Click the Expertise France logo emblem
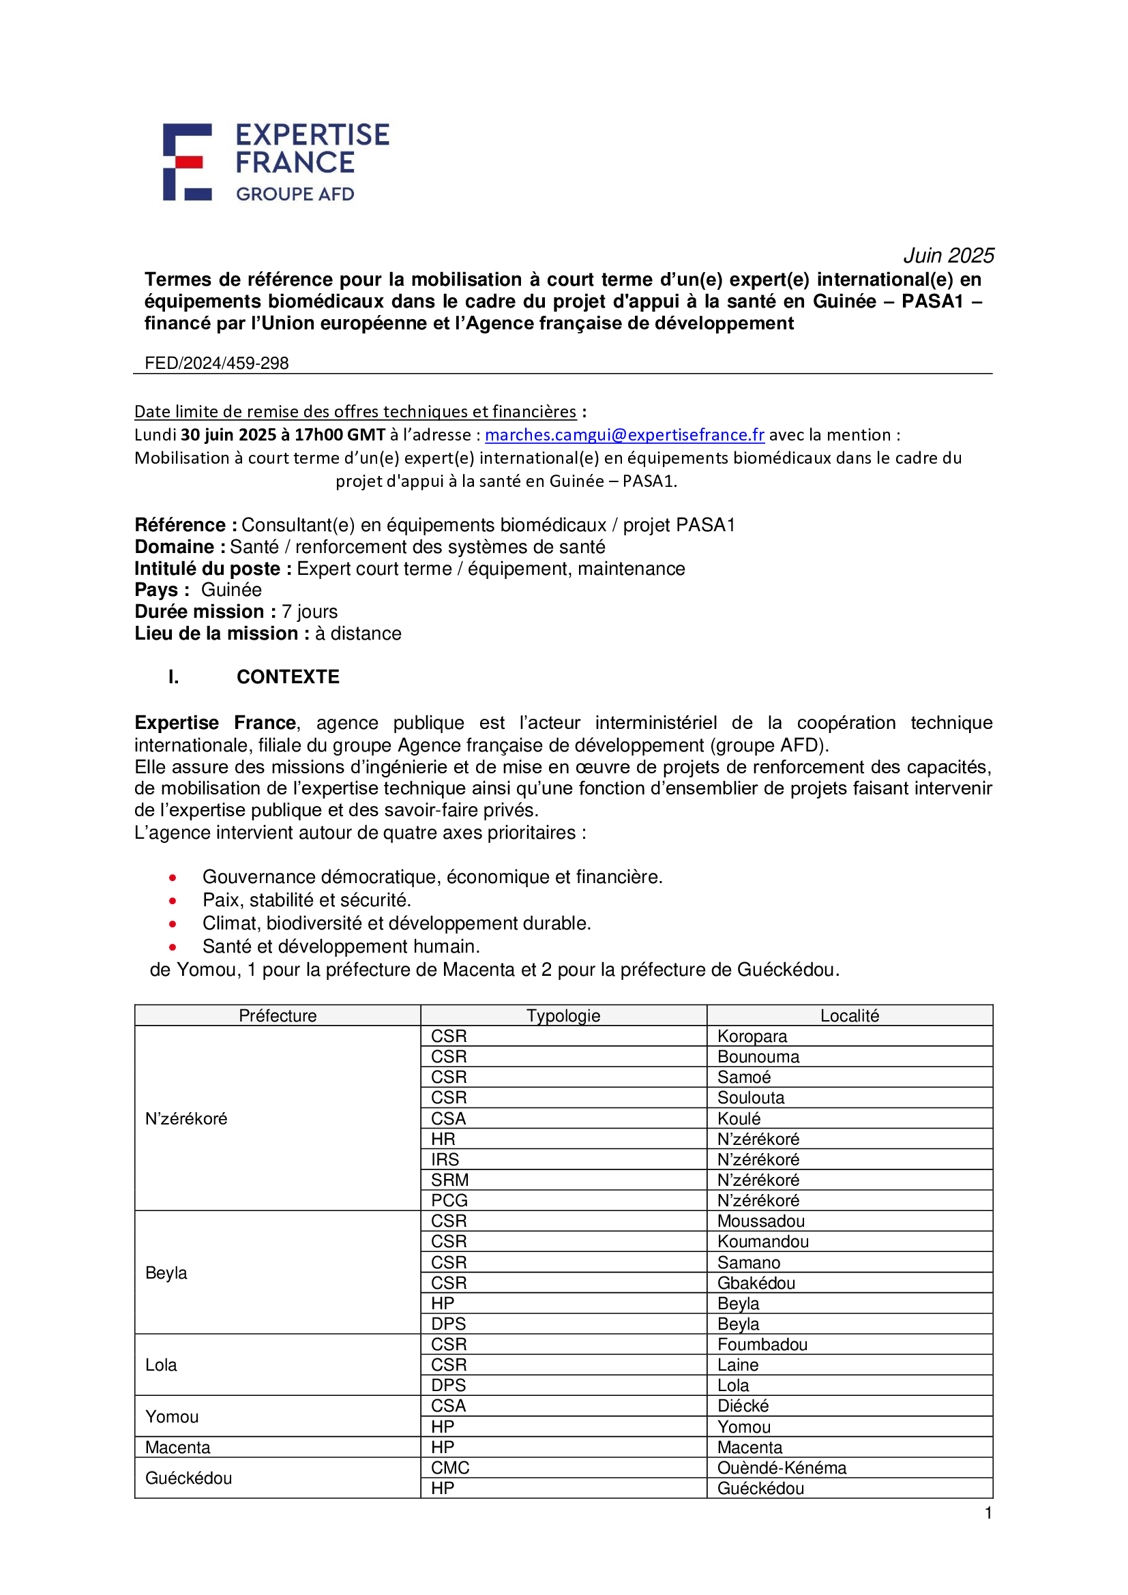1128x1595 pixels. point(187,162)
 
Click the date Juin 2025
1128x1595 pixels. point(948,256)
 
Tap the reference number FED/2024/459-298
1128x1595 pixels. point(216,363)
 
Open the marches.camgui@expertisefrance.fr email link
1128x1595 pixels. point(624,434)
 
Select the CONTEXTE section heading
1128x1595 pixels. point(288,676)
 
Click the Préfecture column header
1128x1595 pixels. point(277,1015)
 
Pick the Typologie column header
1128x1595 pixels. point(563,1015)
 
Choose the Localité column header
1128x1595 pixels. point(849,1015)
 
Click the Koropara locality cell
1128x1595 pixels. point(752,1037)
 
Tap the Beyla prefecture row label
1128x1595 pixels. point(166,1272)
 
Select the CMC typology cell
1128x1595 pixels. point(450,1468)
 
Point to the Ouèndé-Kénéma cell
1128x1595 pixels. point(782,1468)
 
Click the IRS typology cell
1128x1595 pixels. point(445,1159)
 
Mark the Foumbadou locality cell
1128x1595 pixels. point(762,1344)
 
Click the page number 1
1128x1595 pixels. point(988,1513)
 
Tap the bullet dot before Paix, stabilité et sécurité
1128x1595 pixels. point(173,901)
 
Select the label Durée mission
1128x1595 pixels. point(199,611)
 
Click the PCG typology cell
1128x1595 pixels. point(449,1200)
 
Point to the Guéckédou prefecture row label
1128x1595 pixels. point(188,1478)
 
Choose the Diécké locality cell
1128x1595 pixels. point(743,1406)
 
